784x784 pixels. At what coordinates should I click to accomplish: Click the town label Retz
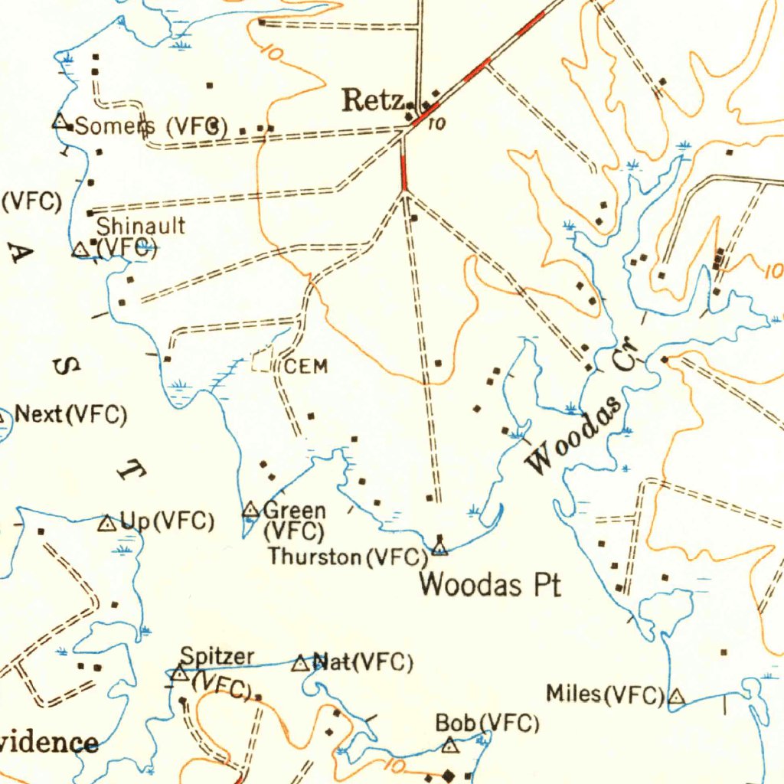[373, 100]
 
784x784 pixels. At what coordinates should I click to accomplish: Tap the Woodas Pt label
[490, 586]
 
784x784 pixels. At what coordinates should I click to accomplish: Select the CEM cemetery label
[306, 367]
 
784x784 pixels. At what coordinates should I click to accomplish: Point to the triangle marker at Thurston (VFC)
[439, 546]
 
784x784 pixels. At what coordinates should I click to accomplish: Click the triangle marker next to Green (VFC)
[250, 508]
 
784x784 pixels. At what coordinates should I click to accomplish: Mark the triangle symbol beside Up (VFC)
[107, 524]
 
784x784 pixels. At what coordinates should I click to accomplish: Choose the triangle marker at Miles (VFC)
[677, 697]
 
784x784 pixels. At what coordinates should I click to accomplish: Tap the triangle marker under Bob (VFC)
[451, 744]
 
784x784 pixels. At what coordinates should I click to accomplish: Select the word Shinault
[140, 226]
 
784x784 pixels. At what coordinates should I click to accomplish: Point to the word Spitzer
[217, 656]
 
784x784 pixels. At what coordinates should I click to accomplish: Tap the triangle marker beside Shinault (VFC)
[80, 250]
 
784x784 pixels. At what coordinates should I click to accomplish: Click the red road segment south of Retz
[403, 171]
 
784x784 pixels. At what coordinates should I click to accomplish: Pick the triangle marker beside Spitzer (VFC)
[179, 674]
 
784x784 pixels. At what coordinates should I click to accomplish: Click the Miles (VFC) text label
[605, 694]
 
